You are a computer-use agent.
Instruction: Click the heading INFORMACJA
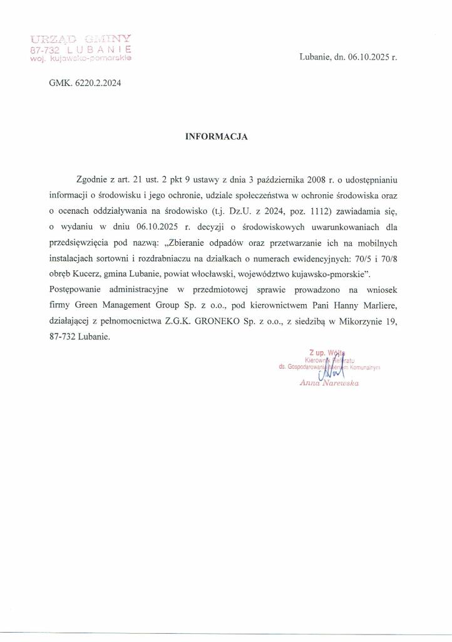[217, 136]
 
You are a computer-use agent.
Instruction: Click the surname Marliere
[378, 305]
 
